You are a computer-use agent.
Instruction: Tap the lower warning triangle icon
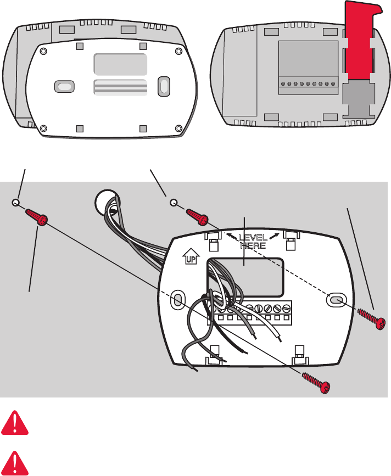coord(15,462)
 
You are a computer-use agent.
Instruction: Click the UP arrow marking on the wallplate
coord(189,256)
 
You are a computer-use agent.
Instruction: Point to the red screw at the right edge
coord(371,319)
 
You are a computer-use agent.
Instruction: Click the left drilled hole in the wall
coord(16,203)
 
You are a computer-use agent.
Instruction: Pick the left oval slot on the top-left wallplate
coord(64,87)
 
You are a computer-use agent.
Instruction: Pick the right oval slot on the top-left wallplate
coord(164,86)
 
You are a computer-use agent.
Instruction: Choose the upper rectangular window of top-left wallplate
coord(120,64)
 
